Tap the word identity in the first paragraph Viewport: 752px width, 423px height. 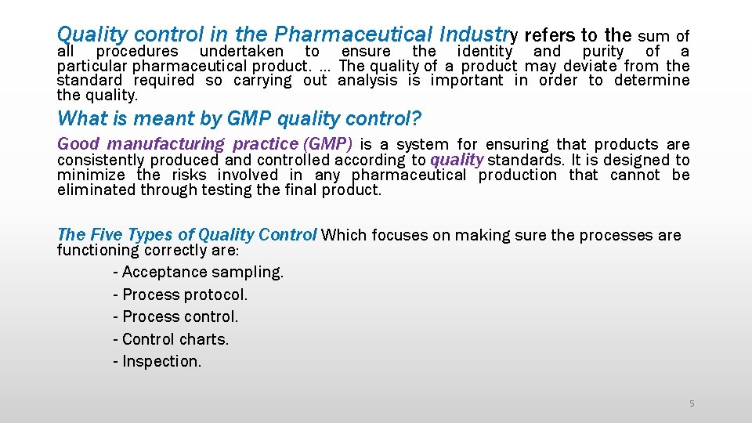pyautogui.click(x=484, y=51)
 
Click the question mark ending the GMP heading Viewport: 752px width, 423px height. pyautogui.click(x=417, y=119)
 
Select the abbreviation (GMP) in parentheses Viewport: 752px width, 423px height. pyautogui.click(x=327, y=144)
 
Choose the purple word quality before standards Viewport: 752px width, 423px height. pyautogui.click(x=457, y=160)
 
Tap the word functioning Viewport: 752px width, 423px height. pyautogui.click(x=99, y=250)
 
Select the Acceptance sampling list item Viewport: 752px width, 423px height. pyautogui.click(x=199, y=273)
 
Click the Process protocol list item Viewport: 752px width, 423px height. pyautogui.click(x=180, y=295)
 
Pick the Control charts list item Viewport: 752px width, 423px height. pyautogui.click(x=171, y=339)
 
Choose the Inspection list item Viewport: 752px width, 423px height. pyautogui.click(x=157, y=361)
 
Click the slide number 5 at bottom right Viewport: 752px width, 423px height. pyautogui.click(x=691, y=403)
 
